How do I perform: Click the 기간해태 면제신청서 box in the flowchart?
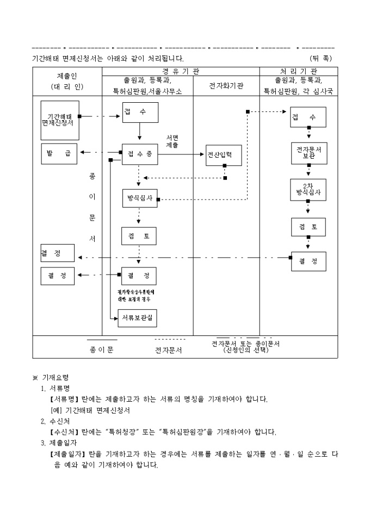pyautogui.click(x=60, y=120)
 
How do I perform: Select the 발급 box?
pyautogui.click(x=60, y=153)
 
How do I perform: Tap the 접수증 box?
pyautogui.click(x=140, y=154)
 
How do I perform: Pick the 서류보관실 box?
pyautogui.click(x=138, y=317)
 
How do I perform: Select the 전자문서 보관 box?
pyautogui.click(x=309, y=152)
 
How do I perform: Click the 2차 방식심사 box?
pyautogui.click(x=308, y=189)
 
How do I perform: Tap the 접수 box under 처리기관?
pyautogui.click(x=308, y=117)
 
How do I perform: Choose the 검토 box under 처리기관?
pyautogui.click(x=308, y=226)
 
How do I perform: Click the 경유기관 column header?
pyautogui.click(x=181, y=72)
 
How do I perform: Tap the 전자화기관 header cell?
pyautogui.click(x=226, y=86)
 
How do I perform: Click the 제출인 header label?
pyautogui.click(x=67, y=77)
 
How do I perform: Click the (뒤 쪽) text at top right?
pyautogui.click(x=320, y=58)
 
